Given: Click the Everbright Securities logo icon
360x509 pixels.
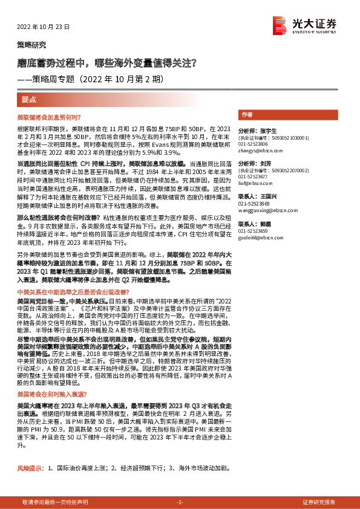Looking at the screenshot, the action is pos(280,24).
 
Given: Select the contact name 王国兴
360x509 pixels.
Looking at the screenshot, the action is pos(266,196).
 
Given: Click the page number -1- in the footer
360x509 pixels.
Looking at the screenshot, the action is pos(180,502).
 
